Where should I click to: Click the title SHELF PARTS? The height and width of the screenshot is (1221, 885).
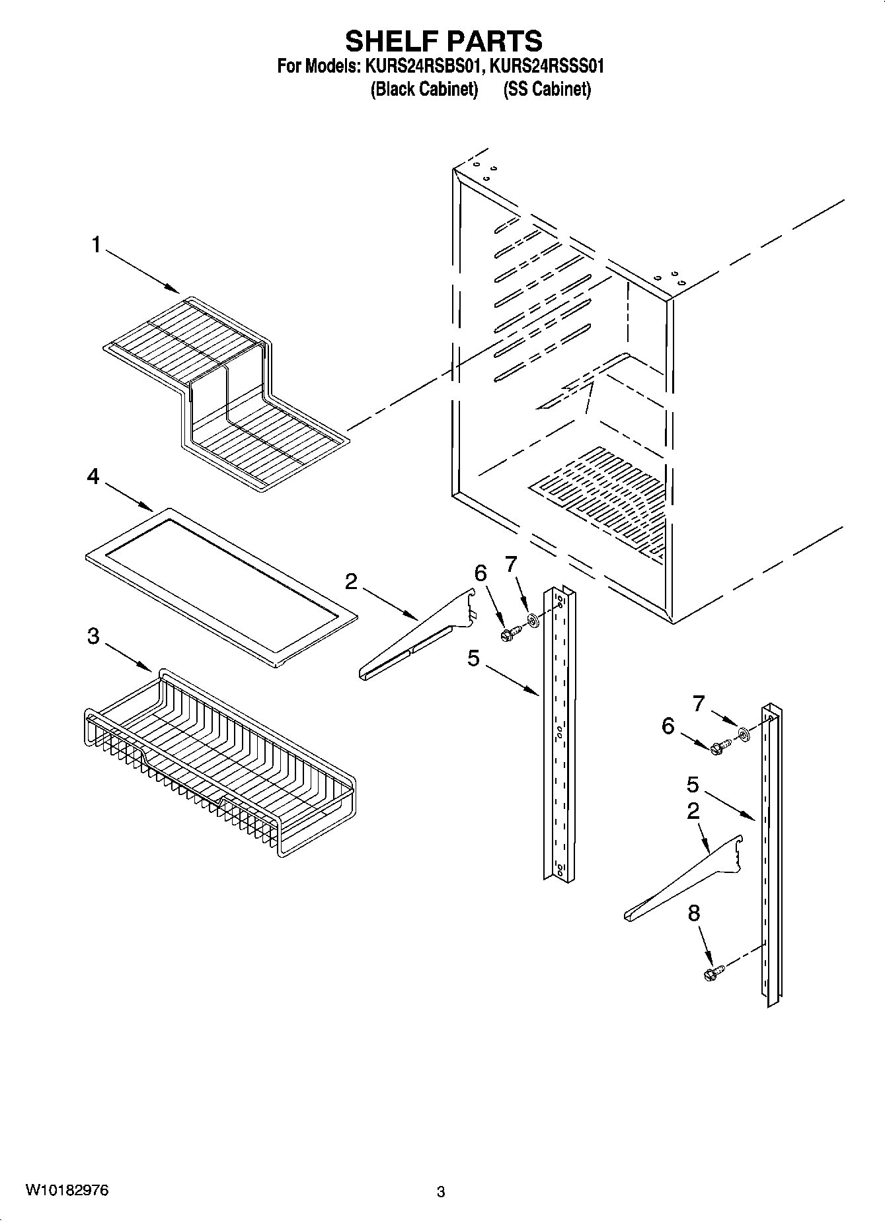click(x=443, y=41)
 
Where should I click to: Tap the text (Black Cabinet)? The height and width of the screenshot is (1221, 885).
click(x=424, y=90)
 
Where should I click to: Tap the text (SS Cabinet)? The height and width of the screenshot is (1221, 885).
click(x=547, y=90)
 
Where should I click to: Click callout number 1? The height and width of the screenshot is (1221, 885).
click(x=96, y=246)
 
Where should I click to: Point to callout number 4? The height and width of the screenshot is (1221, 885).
click(x=93, y=475)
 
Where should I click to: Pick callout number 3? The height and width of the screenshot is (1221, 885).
click(x=93, y=636)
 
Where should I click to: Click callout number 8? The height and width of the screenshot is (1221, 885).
click(x=693, y=913)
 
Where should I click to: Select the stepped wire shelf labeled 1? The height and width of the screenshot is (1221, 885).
click(x=225, y=390)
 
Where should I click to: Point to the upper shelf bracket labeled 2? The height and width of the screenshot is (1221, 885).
click(x=416, y=641)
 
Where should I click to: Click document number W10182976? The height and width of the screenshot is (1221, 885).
click(x=67, y=1191)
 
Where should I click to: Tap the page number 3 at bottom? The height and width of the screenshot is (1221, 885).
click(x=441, y=1192)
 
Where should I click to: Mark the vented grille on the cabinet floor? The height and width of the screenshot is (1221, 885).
click(x=598, y=502)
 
